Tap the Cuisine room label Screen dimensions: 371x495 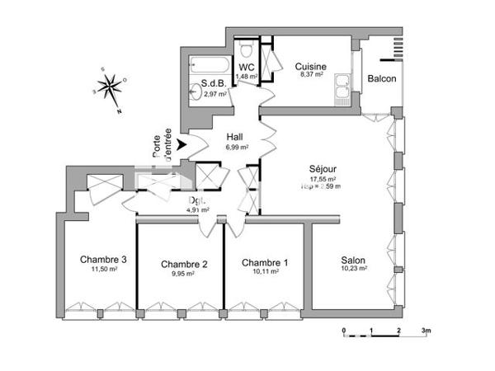tap(311, 66)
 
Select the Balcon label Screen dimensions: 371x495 tap(381, 79)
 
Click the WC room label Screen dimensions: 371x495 tap(247, 67)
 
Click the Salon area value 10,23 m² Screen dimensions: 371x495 tap(353, 269)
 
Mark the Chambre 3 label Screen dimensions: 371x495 tap(103, 259)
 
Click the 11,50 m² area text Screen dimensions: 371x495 tap(103, 270)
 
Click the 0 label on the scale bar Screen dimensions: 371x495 tap(344, 329)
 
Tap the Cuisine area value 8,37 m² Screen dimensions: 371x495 tap(310, 76)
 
